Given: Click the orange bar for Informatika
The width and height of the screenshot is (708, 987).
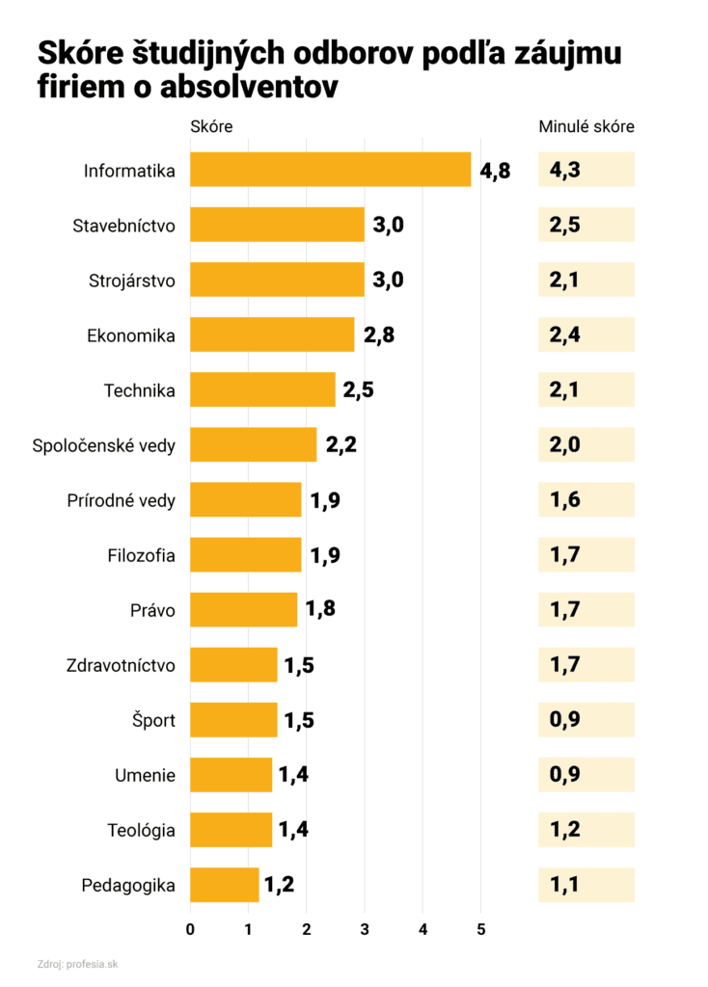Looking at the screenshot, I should coord(330,170).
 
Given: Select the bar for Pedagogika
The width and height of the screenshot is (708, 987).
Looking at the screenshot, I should coord(225,884).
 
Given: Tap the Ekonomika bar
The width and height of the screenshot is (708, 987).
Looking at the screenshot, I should coord(272,334).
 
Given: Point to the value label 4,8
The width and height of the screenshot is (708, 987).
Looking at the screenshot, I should coord(495,172).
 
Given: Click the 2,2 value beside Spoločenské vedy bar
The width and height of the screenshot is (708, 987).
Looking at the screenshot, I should coord(340,445).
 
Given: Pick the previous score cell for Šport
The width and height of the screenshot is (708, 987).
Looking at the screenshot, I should coord(585,719).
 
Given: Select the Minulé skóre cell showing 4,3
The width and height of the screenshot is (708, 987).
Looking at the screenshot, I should coord(585,170).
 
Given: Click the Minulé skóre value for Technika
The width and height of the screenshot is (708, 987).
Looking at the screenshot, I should coord(585,389).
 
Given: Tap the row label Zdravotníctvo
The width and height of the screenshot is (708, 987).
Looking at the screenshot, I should coord(121,665).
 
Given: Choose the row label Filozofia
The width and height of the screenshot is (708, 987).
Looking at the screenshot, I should coord(141,555).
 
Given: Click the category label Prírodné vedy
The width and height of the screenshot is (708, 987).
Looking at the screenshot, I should coord(122,500).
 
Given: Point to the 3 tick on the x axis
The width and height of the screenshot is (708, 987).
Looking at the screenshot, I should coord(365,929).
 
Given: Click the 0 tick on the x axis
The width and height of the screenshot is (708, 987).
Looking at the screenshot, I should coord(190,929).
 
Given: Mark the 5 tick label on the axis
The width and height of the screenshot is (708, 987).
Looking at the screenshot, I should coord(481,929).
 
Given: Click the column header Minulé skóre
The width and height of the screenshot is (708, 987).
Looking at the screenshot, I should coord(585,127).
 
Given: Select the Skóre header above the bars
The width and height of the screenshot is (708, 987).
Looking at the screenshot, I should coord(211,127).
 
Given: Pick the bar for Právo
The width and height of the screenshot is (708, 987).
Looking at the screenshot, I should coord(243,610).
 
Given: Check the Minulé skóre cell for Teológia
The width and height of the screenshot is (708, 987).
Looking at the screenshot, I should coord(585,829).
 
